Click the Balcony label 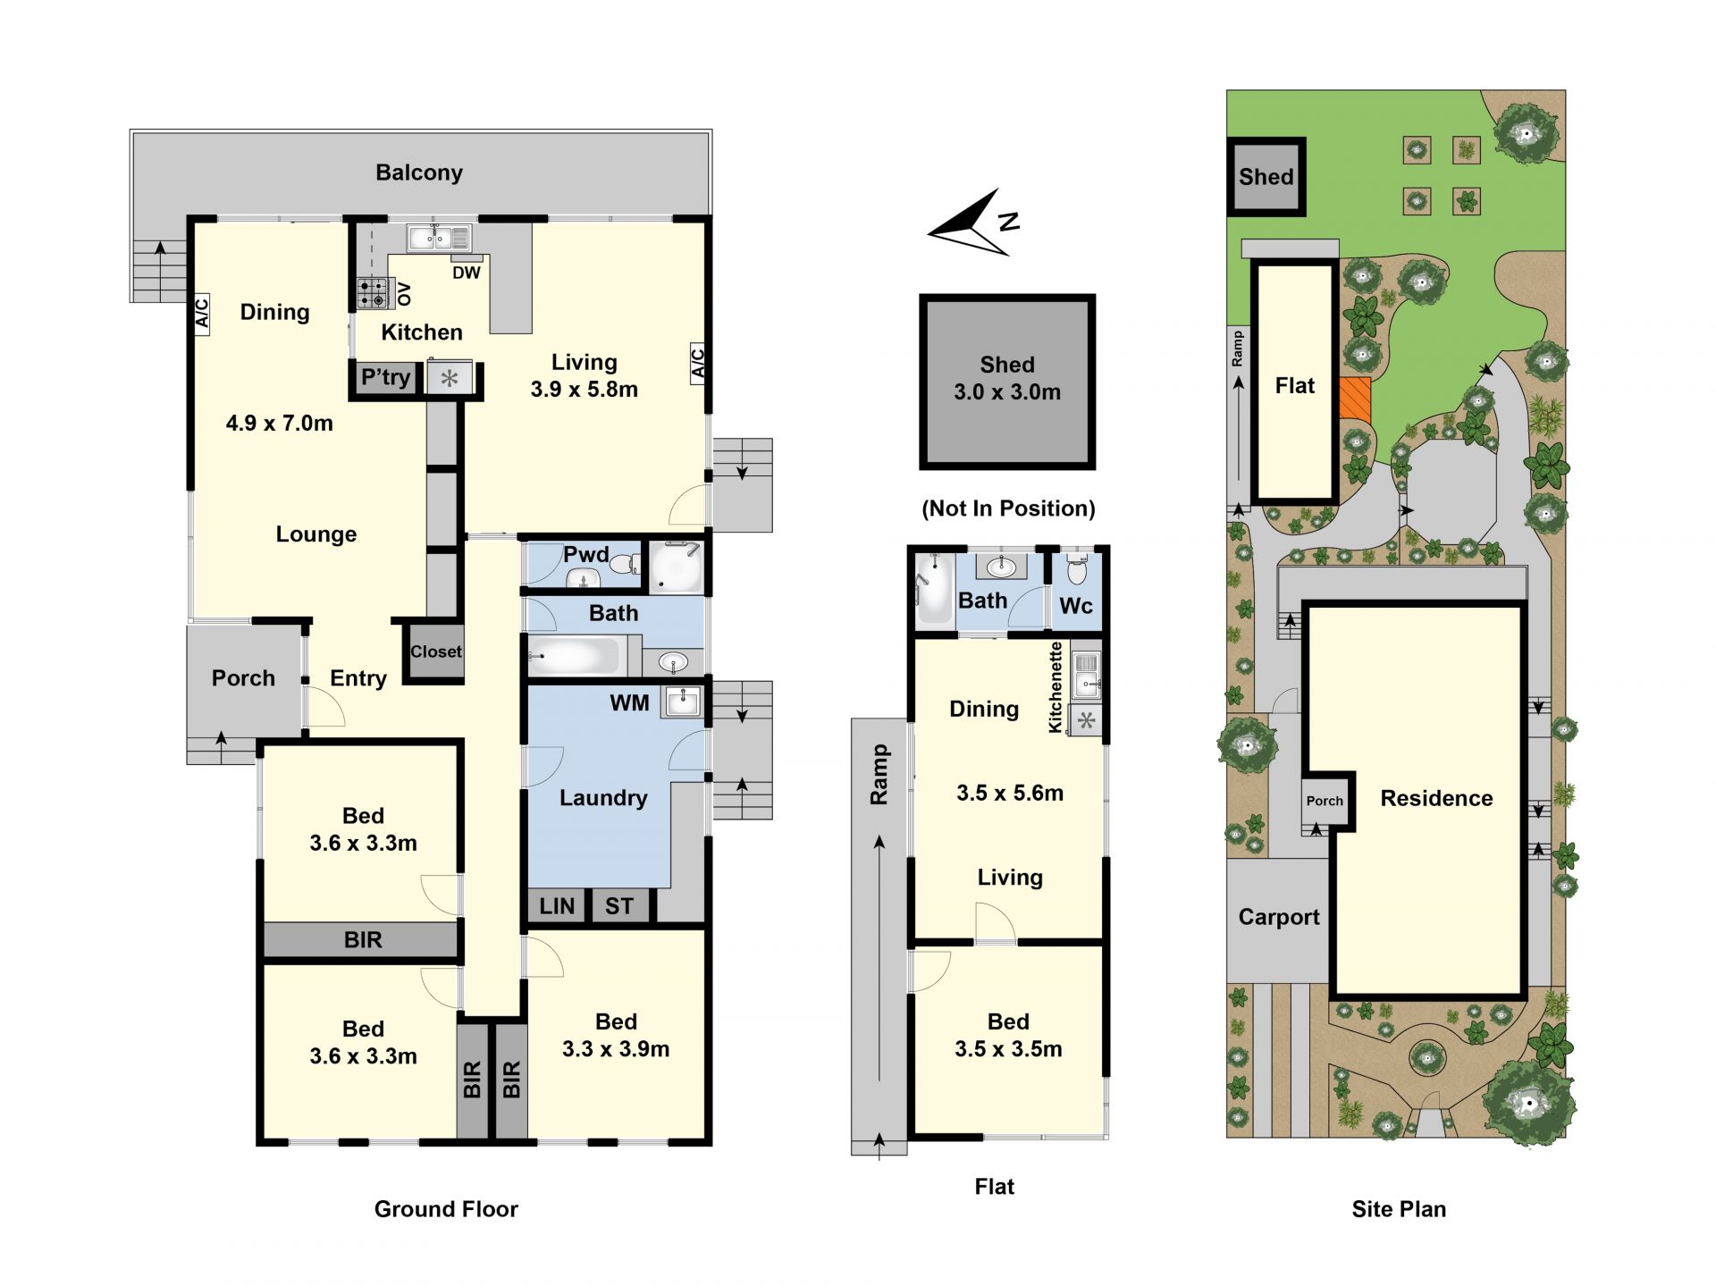coord(418,172)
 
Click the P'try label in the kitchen coord(385,378)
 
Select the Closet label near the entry coord(436,651)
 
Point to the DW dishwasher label coord(467,273)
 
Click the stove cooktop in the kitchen coord(375,292)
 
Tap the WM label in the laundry coord(629,703)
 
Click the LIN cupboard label coord(557,906)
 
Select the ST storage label coord(619,906)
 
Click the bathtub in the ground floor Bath coord(573,656)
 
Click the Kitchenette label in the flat coord(1056,687)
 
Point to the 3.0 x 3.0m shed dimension coord(1007,392)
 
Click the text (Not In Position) coord(1008,509)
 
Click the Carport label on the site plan coord(1279,918)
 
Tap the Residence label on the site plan coord(1436,798)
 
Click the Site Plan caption coord(1399,1209)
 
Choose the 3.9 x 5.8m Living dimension coord(585,390)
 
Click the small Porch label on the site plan coord(1325,801)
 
